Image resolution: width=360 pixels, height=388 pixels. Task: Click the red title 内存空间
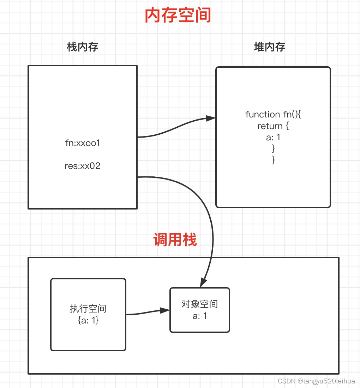[x=178, y=16]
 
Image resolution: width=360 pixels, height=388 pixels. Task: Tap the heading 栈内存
[x=83, y=47]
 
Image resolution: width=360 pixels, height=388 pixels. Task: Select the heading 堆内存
[x=270, y=47]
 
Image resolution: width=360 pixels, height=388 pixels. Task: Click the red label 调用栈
[x=175, y=240]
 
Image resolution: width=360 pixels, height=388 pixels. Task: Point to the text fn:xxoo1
[x=83, y=143]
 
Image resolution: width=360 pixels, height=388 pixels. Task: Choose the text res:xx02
[x=83, y=166]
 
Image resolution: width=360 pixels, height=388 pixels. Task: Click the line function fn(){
[x=273, y=114]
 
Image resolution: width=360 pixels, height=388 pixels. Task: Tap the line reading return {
[x=273, y=126]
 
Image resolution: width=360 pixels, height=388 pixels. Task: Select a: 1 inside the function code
[x=273, y=137]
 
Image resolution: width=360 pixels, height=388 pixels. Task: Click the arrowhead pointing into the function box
[x=211, y=119]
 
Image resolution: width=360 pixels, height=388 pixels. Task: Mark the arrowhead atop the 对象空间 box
[x=204, y=283]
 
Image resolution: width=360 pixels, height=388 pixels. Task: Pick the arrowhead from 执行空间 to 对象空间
[x=165, y=310]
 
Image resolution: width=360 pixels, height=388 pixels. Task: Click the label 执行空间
[x=88, y=309]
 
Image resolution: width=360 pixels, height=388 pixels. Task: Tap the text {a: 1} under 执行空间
[x=88, y=320]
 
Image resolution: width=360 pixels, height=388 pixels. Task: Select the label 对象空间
[x=200, y=304]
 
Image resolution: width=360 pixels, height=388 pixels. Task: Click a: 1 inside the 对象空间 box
[x=200, y=316]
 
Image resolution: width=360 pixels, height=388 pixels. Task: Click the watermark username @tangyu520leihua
[x=326, y=381]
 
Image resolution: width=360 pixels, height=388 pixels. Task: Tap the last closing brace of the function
[x=273, y=160]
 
